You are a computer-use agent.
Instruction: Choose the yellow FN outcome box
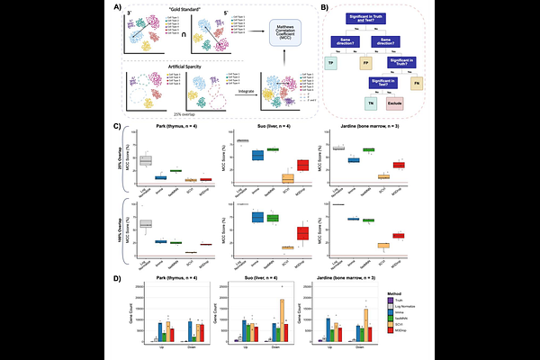pyautogui.click(x=416, y=83)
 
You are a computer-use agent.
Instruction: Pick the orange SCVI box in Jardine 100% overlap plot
pyautogui.click(x=357, y=245)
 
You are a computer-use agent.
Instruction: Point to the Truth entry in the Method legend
pyautogui.click(x=414, y=302)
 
